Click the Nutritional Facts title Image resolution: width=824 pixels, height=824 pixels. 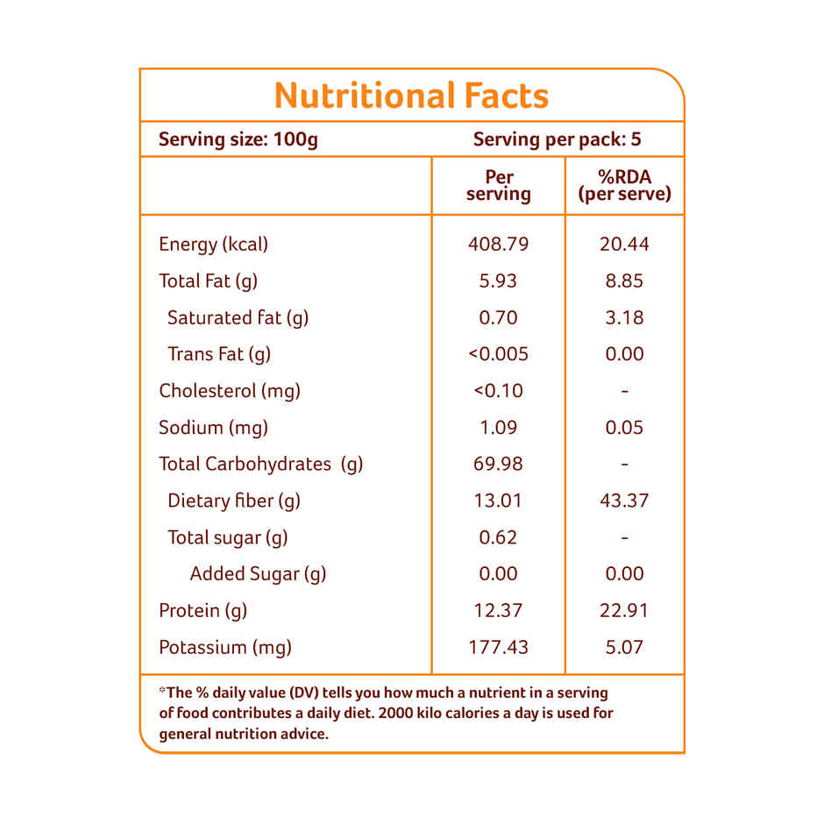click(411, 96)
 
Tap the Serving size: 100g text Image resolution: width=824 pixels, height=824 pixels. click(238, 139)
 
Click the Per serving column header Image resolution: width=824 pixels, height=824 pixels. click(499, 186)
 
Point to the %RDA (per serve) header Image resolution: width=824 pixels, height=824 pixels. click(624, 186)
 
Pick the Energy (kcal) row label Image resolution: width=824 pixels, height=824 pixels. click(213, 245)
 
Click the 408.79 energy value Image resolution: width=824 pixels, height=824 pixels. click(499, 245)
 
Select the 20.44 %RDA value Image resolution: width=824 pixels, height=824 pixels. click(624, 245)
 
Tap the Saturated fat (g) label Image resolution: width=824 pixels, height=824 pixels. click(238, 317)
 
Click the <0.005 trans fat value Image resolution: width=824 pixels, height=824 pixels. click(499, 354)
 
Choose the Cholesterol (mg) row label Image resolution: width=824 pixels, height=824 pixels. click(229, 391)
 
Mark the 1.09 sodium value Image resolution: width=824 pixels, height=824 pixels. click(499, 428)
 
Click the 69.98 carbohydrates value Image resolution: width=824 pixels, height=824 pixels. click(499, 464)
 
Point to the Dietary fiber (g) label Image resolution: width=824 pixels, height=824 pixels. click(233, 501)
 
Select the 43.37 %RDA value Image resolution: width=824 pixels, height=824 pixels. click(624, 501)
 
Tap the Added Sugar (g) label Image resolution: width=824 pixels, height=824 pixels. click(258, 574)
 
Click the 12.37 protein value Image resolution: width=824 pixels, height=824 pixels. click(499, 611)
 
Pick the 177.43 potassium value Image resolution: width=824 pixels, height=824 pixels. click(499, 648)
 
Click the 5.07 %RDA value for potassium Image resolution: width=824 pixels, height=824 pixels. click(624, 648)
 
